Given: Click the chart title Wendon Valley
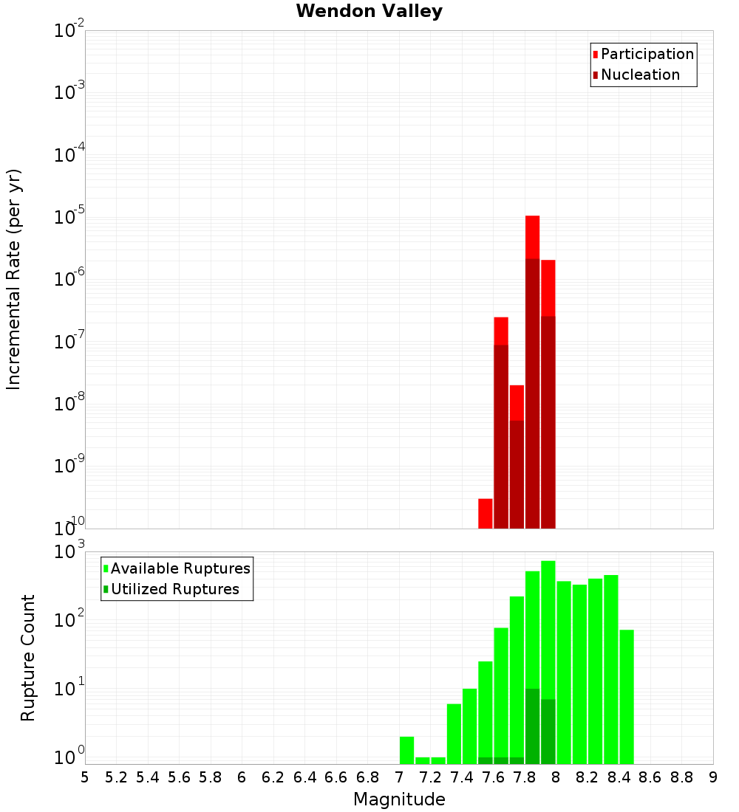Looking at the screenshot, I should click(369, 11).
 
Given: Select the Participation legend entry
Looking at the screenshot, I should click(647, 54).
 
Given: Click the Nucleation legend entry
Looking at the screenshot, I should click(639, 75).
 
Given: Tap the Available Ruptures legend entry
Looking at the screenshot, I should click(180, 568).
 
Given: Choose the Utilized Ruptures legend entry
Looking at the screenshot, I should click(174, 589).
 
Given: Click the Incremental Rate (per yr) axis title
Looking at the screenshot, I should click(13, 280).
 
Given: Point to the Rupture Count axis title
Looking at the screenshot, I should click(28, 658).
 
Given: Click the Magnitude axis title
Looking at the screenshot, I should click(399, 799).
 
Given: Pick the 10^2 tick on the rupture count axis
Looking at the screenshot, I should click(69, 619).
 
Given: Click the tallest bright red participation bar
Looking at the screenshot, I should click(532, 236).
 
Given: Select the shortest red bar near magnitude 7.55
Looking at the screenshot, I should click(486, 513).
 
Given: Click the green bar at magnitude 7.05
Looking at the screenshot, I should click(406, 749).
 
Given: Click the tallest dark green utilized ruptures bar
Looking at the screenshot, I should click(532, 726).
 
